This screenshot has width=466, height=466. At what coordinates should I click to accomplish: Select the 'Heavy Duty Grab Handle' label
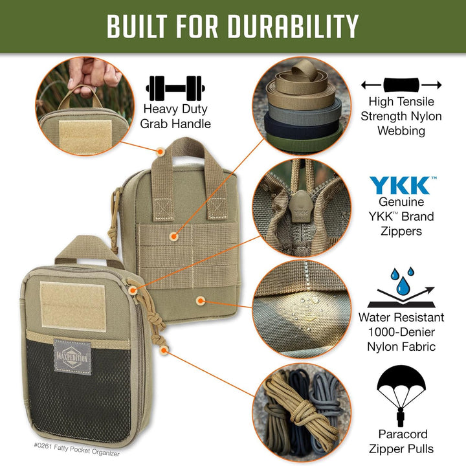pyautogui.click(x=177, y=116)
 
